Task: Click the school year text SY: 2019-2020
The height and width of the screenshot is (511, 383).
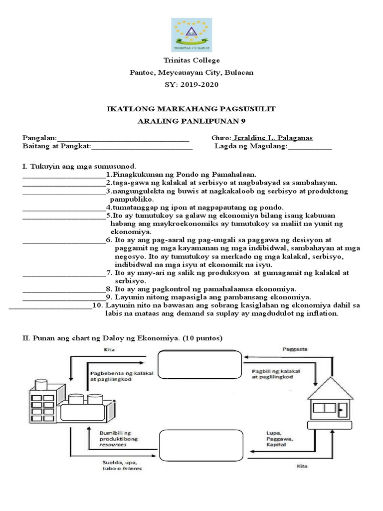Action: [x=191, y=84]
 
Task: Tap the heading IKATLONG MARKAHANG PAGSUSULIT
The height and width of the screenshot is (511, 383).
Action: [x=191, y=109]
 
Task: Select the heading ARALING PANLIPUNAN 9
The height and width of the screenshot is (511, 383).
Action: [x=191, y=121]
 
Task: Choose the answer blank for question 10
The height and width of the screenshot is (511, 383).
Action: [x=50, y=308]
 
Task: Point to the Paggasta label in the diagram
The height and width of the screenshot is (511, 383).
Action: [x=293, y=348]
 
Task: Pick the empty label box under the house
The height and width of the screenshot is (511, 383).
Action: [x=327, y=425]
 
